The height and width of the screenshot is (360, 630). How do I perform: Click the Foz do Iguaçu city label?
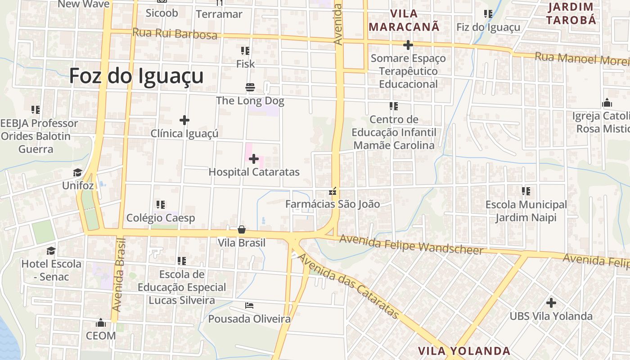point(136,76)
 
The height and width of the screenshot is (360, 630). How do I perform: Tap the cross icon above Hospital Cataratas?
point(254,158)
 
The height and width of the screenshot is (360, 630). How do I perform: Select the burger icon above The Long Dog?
point(250,86)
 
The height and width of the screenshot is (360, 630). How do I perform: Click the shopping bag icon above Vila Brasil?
point(242,229)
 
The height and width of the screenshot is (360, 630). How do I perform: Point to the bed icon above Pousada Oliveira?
point(249,306)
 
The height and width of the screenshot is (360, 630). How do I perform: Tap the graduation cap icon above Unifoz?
point(78,172)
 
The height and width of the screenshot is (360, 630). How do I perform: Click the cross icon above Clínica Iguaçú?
point(184,120)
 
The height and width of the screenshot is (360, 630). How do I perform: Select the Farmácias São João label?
point(333,204)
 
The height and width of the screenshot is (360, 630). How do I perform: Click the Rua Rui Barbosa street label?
point(175,34)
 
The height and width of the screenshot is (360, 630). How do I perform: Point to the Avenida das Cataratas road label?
point(348,286)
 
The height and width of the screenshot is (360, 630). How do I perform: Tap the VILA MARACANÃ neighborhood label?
point(404,20)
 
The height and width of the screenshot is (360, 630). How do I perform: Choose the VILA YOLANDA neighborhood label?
point(464,351)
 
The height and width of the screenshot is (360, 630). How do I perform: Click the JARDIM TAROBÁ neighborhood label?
point(571,13)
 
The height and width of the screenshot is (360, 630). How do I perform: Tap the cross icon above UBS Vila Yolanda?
point(551,302)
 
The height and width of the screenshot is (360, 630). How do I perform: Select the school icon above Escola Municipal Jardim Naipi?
point(526,191)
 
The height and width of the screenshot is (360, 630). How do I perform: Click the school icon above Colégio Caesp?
point(161,205)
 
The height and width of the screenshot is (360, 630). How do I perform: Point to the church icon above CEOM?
point(101,323)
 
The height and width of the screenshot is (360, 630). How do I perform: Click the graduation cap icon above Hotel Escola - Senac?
point(51,250)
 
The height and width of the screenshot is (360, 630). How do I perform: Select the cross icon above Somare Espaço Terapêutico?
point(408,45)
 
